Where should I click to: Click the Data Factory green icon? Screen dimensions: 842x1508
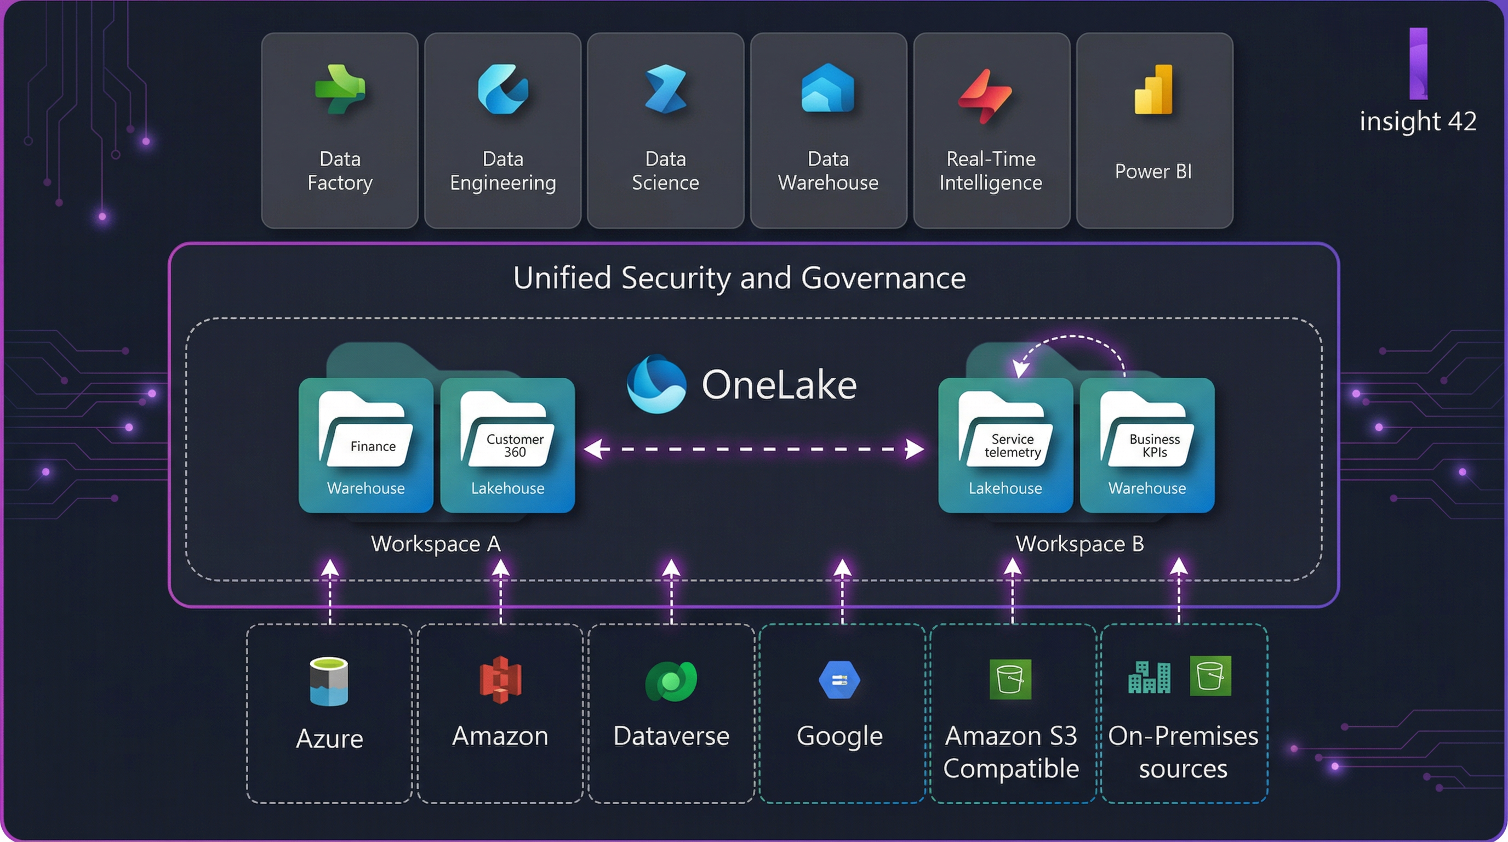click(x=340, y=89)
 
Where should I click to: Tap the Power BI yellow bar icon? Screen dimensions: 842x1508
click(x=1154, y=90)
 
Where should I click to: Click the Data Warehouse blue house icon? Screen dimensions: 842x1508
click(x=828, y=89)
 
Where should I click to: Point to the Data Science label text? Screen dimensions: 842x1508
click(x=666, y=171)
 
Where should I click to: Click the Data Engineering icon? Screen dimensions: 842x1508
click(x=503, y=89)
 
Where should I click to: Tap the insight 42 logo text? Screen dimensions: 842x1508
click(x=1418, y=121)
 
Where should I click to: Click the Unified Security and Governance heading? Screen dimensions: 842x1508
click(x=739, y=277)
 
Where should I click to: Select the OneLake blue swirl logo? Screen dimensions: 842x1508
click(x=656, y=385)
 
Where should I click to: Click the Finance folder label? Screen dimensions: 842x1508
click(x=373, y=446)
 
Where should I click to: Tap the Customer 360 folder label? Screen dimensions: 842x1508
click(x=515, y=446)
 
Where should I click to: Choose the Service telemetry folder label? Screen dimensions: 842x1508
click(x=1012, y=446)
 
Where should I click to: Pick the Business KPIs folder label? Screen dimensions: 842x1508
click(x=1155, y=446)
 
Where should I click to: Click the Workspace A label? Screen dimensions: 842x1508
click(x=436, y=544)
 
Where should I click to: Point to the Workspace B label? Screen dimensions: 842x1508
click(x=1079, y=544)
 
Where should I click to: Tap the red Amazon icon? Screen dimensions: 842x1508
click(x=500, y=680)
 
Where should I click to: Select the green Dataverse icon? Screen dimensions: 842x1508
click(x=671, y=681)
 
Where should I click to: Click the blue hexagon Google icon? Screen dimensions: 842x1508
click(x=839, y=680)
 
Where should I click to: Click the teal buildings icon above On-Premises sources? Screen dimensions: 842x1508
click(x=1149, y=678)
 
